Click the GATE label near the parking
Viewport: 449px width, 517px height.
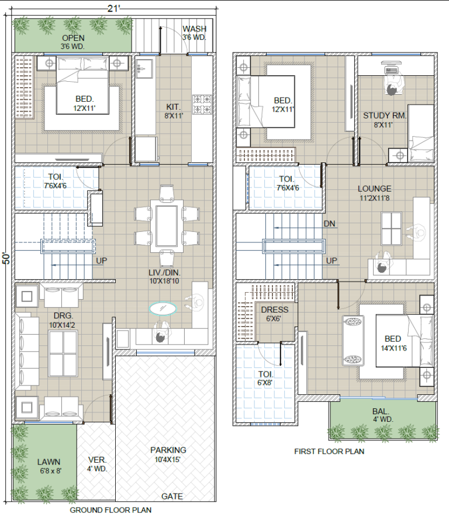pos(172,496)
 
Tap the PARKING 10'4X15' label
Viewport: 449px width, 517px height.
pos(168,454)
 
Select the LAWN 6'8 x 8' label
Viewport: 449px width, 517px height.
pos(49,466)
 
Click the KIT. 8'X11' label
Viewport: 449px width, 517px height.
pos(173,111)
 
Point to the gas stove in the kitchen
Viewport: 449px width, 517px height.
pos(202,105)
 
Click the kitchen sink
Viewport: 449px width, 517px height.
pos(144,69)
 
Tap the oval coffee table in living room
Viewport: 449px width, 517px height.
pos(163,309)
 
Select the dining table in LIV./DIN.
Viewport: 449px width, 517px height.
pos(167,226)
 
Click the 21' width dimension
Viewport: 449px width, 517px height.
pos(113,9)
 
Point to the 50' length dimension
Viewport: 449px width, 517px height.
pos(6,258)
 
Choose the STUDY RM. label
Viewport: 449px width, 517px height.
pos(385,116)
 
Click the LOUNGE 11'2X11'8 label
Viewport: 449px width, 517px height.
pos(374,193)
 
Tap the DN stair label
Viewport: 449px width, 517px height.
pos(329,224)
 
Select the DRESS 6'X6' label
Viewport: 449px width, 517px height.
pos(274,314)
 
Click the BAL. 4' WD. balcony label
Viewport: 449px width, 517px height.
pos(382,415)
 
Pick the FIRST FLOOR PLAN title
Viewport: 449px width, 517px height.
pos(329,452)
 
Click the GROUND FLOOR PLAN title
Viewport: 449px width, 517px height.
pos(110,510)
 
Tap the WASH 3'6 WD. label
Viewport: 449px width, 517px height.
pos(194,33)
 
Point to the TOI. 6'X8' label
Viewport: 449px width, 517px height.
pos(265,379)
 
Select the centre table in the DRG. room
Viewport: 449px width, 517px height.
pos(63,353)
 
